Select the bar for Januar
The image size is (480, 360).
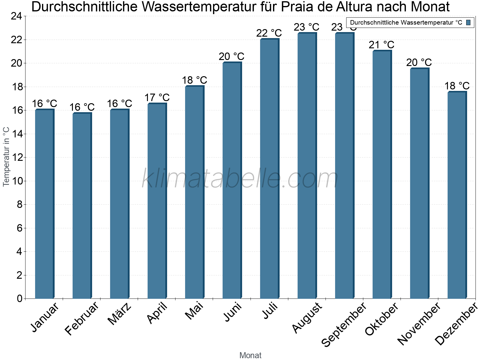(x=44, y=204)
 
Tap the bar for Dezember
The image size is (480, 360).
(x=457, y=195)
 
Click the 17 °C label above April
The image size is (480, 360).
(x=157, y=98)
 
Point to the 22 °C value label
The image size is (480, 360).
(x=269, y=33)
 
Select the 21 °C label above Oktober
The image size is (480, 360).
(x=381, y=45)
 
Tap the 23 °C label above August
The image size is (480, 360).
(x=306, y=27)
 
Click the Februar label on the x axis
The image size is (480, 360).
(x=82, y=318)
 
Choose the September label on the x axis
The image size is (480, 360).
(x=344, y=324)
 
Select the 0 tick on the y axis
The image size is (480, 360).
(x=20, y=298)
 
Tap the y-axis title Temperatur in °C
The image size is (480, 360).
(x=6, y=157)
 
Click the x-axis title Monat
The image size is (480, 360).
(x=250, y=355)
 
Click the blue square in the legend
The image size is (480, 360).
(x=468, y=22)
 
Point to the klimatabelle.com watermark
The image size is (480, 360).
(x=240, y=179)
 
